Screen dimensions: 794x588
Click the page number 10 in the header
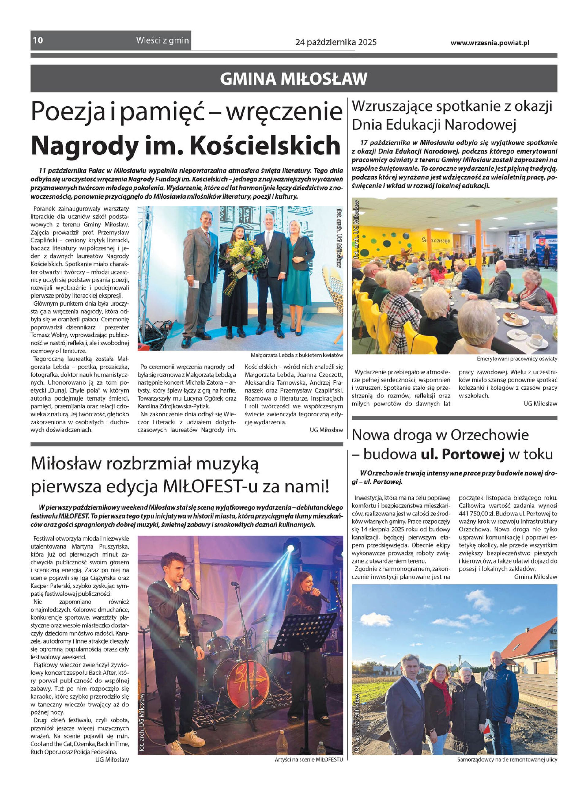pyautogui.click(x=38, y=40)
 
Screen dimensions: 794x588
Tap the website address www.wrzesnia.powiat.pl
pyautogui.click(x=490, y=43)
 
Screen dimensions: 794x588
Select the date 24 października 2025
pyautogui.click(x=336, y=43)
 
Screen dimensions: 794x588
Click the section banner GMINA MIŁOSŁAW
pyautogui.click(x=294, y=79)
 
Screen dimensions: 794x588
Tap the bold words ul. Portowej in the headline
pyautogui.click(x=463, y=455)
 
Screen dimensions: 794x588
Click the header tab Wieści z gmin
pyautogui.click(x=162, y=40)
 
